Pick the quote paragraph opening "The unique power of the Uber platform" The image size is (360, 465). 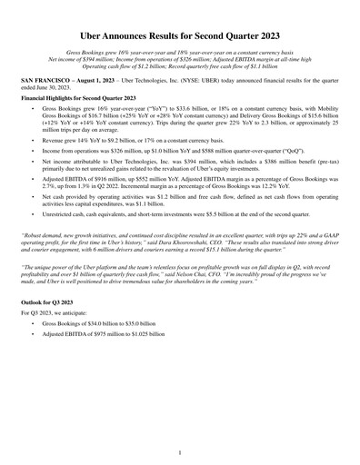pyautogui.click(x=180, y=288)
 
